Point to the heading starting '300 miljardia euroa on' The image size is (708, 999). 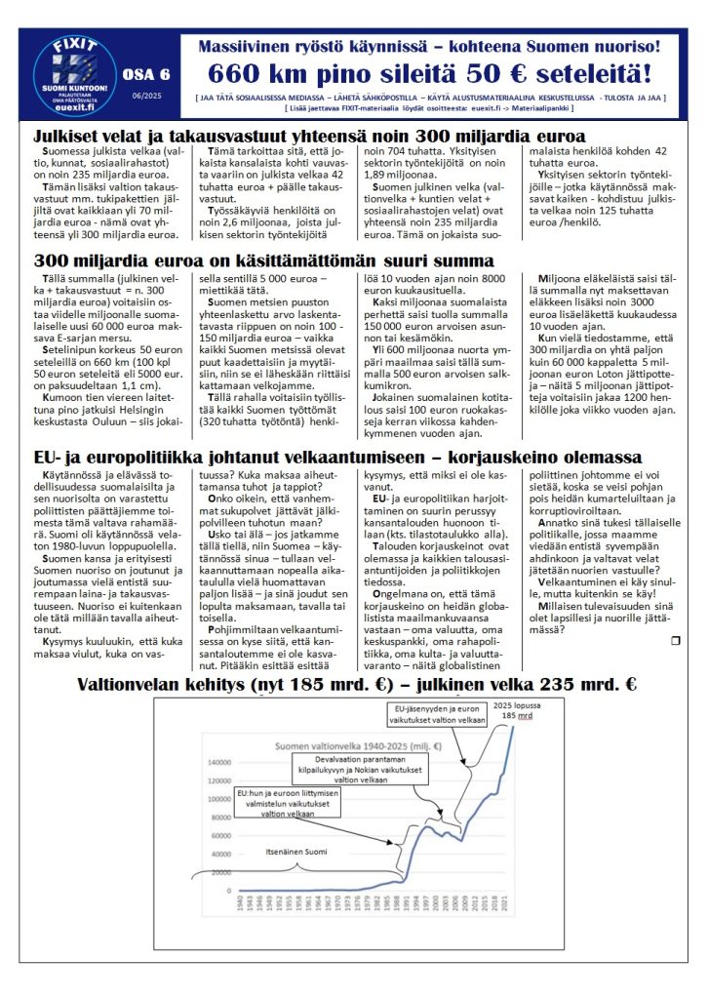(x=263, y=260)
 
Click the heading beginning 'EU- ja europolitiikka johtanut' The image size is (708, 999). (x=337, y=459)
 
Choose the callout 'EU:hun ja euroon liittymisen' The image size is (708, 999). (x=293, y=806)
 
